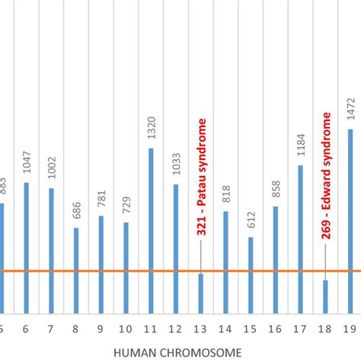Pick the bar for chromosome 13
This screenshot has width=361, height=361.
[x=201, y=292]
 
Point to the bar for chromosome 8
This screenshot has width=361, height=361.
[x=76, y=270]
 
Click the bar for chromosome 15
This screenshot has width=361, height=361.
[x=251, y=274]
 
